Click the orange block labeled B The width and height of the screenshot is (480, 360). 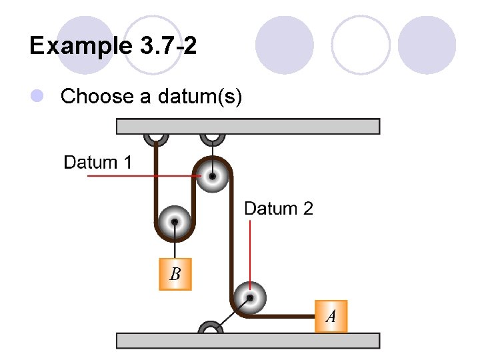pyautogui.click(x=175, y=274)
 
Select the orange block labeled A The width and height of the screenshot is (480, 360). pyautogui.click(x=331, y=316)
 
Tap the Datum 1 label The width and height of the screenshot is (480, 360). pyautogui.click(x=97, y=162)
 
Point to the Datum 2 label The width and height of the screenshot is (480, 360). pyautogui.click(x=279, y=209)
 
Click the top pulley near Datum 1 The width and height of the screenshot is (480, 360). pyautogui.click(x=211, y=177)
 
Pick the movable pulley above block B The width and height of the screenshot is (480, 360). pyautogui.click(x=174, y=221)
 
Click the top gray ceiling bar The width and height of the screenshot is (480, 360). pyautogui.click(x=248, y=126)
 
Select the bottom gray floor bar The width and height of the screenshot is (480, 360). pyautogui.click(x=248, y=341)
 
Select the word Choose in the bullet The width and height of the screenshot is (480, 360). pyautogui.click(x=97, y=97)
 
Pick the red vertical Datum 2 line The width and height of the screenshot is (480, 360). pyautogui.click(x=249, y=253)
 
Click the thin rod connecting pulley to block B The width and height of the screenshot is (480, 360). pyautogui.click(x=175, y=243)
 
